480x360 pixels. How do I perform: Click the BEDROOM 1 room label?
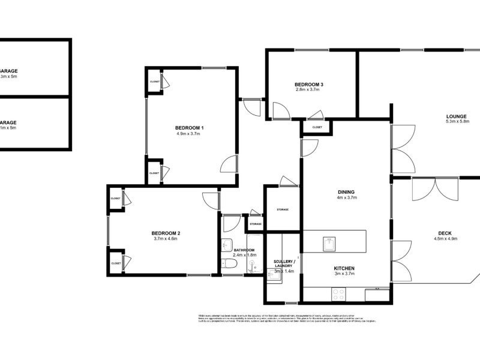click(190, 128)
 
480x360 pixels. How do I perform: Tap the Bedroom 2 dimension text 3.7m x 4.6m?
click(165, 239)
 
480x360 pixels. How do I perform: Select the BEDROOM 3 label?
click(309, 85)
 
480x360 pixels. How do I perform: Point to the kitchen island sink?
click(328, 242)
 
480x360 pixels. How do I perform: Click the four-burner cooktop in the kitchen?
click(339, 294)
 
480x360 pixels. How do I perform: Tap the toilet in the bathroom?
click(230, 263)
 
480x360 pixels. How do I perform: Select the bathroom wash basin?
click(226, 244)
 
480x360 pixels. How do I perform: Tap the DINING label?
click(347, 192)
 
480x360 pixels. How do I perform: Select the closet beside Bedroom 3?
click(317, 127)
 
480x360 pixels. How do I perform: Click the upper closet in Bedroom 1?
click(155, 82)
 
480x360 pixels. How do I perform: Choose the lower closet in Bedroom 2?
click(116, 263)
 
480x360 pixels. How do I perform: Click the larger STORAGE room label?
click(283, 209)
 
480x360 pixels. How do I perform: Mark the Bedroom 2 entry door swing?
click(211, 200)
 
